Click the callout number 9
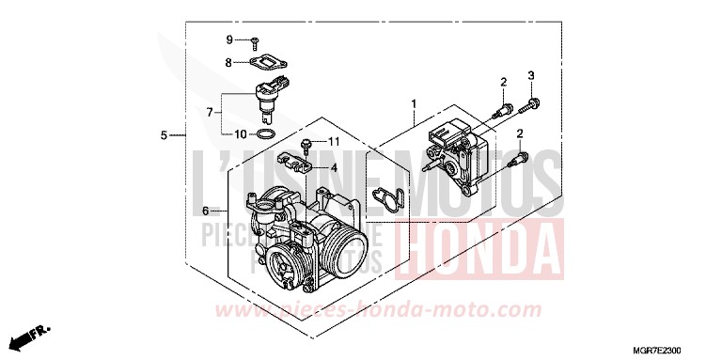(x=228, y=39)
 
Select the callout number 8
(x=228, y=62)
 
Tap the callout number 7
(x=211, y=113)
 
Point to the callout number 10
(x=241, y=134)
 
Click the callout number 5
(x=164, y=135)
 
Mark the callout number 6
(x=205, y=211)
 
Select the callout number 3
(x=530, y=75)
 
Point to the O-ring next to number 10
(x=267, y=135)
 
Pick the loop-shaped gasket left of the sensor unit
(x=387, y=199)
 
